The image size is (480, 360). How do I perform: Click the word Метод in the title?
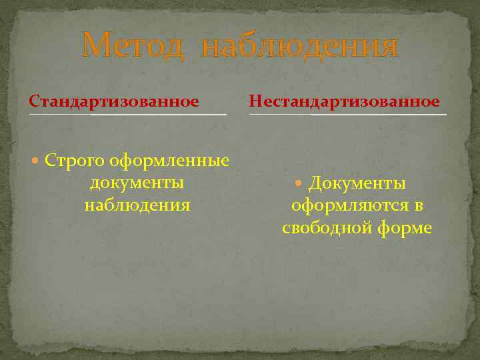point(133,46)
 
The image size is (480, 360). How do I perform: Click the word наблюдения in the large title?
point(299,46)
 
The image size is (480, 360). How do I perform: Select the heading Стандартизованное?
point(114,101)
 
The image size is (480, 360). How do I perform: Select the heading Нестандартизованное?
point(344,101)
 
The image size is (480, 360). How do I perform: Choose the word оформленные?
point(169,161)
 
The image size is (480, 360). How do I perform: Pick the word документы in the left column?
point(137,183)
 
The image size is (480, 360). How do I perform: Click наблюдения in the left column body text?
point(137,205)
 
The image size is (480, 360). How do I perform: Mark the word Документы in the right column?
point(357,183)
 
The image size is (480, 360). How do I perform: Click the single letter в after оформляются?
point(418,206)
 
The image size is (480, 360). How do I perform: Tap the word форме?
point(407,228)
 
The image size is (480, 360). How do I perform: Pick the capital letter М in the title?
point(95,46)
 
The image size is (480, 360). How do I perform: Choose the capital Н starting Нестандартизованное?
point(255,101)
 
